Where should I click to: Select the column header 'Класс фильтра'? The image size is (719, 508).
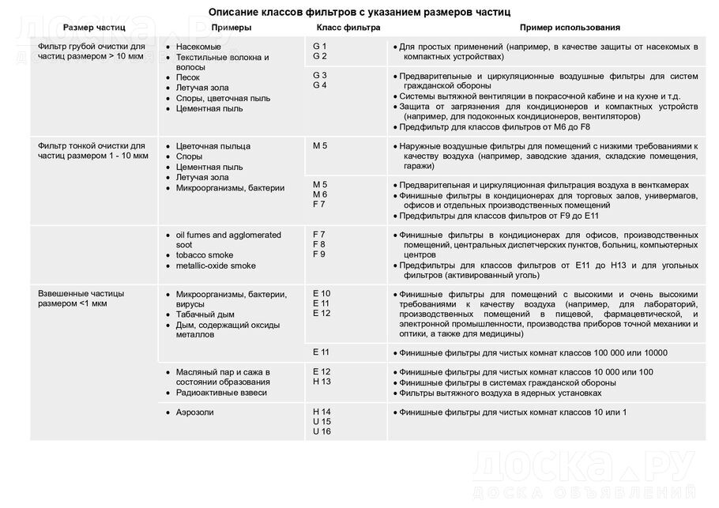pyautogui.click(x=343, y=28)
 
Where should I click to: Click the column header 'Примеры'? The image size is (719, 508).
pyautogui.click(x=232, y=28)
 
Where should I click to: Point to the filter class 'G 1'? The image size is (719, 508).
pyautogui.click(x=320, y=47)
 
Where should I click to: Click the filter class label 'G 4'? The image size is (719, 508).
pyautogui.click(x=320, y=85)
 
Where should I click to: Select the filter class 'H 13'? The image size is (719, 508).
pyautogui.click(x=322, y=382)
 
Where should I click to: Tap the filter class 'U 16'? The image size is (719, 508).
pyautogui.click(x=322, y=431)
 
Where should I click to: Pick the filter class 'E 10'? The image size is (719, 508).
pyautogui.click(x=322, y=294)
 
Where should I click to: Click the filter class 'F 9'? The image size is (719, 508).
pyautogui.click(x=319, y=254)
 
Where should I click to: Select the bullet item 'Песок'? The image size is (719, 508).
pyautogui.click(x=188, y=78)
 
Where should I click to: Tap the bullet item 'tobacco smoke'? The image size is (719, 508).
pyautogui.click(x=205, y=256)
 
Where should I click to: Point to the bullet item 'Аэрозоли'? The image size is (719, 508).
pyautogui.click(x=194, y=412)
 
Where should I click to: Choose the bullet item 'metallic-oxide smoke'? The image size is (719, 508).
pyautogui.click(x=216, y=266)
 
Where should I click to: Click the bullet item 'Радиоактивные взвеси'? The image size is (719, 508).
pyautogui.click(x=221, y=393)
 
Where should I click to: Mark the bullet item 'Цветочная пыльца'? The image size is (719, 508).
pyautogui.click(x=213, y=146)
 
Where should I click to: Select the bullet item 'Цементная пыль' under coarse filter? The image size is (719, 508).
pyautogui.click(x=209, y=109)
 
